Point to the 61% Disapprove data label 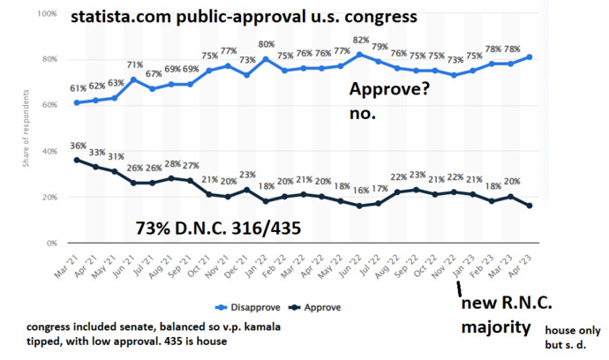click(79, 89)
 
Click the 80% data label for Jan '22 click(266, 45)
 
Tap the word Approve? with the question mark click(389, 90)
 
